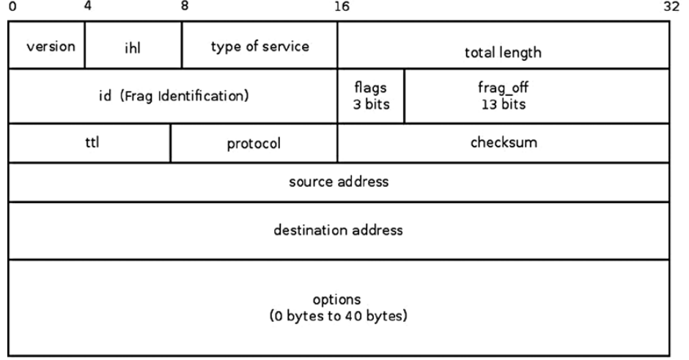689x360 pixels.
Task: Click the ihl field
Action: (133, 46)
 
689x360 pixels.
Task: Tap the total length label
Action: (502, 53)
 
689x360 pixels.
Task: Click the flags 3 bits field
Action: (370, 95)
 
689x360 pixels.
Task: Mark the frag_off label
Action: (502, 89)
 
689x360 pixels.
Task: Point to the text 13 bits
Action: (502, 103)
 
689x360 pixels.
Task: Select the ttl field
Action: (89, 142)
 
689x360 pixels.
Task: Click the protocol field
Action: (253, 144)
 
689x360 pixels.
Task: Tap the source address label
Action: (338, 182)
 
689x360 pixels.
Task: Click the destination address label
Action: (338, 230)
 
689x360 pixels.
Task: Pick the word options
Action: (338, 300)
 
